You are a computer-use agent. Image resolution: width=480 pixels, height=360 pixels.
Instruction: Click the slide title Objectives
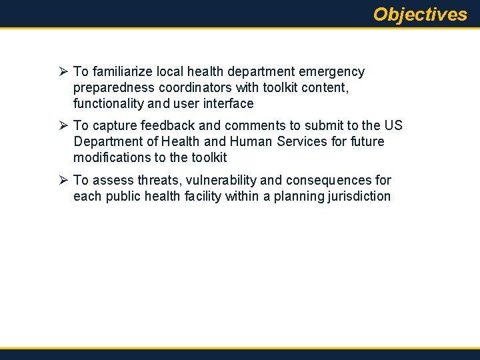[x=420, y=14]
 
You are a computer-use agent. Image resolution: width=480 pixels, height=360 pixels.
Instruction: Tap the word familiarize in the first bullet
[x=122, y=71]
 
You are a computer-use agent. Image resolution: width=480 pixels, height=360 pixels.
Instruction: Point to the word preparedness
[x=113, y=87]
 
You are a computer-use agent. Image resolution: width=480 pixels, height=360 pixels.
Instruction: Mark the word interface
[x=228, y=103]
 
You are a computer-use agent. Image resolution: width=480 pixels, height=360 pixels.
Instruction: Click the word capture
[x=113, y=126]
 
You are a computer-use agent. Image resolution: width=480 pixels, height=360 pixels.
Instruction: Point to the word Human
[x=253, y=142]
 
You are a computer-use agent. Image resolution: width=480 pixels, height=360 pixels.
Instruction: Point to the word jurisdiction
[x=358, y=197]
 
